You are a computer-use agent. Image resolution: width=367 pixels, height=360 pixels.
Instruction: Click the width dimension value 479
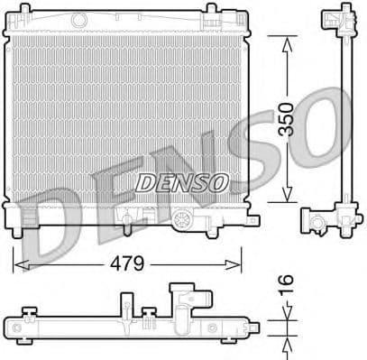(127, 265)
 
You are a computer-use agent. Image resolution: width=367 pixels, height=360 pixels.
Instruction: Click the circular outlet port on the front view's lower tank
(184, 218)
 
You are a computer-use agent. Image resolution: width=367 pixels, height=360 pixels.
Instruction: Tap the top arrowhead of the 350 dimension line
(287, 42)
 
